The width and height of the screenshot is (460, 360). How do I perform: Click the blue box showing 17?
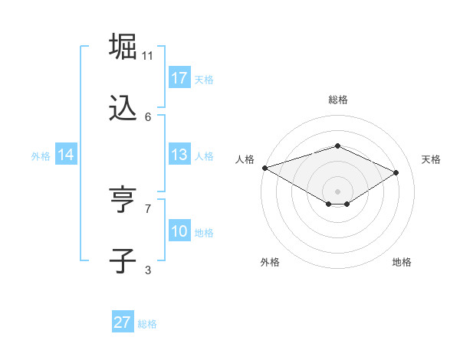179,78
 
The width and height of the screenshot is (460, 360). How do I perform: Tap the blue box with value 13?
179,155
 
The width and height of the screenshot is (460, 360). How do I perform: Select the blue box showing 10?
179,231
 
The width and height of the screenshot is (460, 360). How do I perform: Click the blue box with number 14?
66,155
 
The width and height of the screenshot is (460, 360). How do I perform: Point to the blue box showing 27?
123,322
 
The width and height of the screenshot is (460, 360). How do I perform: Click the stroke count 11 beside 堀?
148,56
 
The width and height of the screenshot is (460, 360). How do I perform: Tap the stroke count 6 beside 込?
148,116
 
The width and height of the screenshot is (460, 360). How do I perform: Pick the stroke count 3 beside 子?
148,270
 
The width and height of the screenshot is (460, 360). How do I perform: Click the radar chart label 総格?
337,100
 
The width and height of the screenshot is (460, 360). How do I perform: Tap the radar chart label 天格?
431,159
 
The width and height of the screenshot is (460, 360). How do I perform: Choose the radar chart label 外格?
270,262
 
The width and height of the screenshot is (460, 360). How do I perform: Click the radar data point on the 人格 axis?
264,168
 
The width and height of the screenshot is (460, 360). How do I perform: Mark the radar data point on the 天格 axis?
396,172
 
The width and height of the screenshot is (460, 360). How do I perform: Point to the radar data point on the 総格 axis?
337,146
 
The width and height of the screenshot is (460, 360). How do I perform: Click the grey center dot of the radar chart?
337,191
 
